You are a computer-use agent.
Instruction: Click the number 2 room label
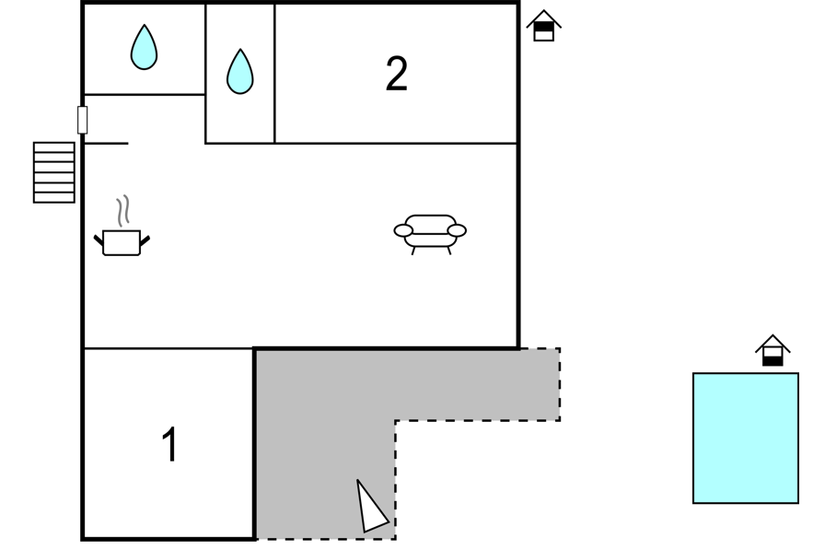(x=396, y=74)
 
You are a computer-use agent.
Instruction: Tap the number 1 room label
(x=170, y=444)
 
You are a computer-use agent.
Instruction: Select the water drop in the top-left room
(x=144, y=47)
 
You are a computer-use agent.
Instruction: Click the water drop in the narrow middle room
(x=240, y=72)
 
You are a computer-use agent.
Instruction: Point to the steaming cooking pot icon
(x=122, y=227)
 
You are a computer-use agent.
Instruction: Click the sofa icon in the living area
(x=430, y=234)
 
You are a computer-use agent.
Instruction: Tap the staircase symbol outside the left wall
(x=54, y=172)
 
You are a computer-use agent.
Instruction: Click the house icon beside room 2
(x=544, y=26)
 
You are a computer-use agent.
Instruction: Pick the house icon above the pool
(x=773, y=350)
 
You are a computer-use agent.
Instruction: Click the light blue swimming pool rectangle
(x=746, y=438)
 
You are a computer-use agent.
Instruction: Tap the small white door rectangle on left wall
(x=83, y=120)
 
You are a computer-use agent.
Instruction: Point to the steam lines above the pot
(x=123, y=211)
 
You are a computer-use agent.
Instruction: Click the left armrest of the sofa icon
(x=403, y=230)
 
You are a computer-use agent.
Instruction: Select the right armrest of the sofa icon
(x=457, y=230)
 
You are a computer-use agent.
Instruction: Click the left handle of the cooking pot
(x=99, y=241)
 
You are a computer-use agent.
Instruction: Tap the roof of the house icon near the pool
(x=773, y=343)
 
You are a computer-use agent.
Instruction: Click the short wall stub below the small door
(x=106, y=143)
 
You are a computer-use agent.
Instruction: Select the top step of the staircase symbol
(x=54, y=147)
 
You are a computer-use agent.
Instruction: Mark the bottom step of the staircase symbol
(x=54, y=198)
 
